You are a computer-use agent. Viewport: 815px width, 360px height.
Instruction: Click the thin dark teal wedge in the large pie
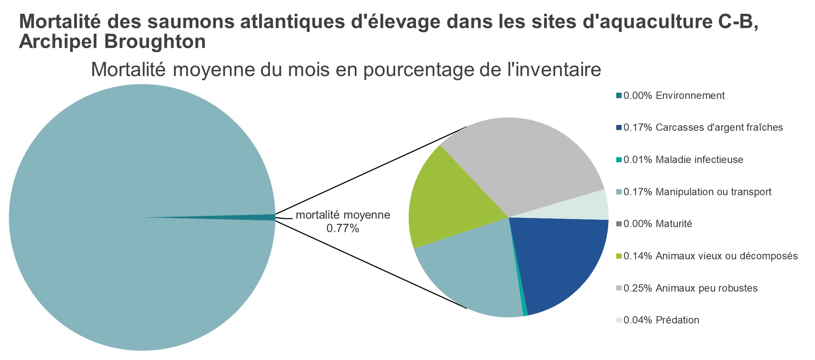pos(253,217)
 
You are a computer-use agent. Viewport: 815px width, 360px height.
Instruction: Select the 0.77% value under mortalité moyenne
pos(343,229)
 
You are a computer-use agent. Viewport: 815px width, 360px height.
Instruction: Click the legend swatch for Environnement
pos(619,96)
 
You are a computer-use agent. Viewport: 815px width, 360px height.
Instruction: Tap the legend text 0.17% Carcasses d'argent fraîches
pos(703,127)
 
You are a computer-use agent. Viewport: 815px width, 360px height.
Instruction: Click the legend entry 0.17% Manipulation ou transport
pos(697,192)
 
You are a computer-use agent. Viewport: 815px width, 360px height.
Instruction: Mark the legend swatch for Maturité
pos(619,224)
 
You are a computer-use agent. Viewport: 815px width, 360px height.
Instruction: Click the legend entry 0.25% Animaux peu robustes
pos(690,288)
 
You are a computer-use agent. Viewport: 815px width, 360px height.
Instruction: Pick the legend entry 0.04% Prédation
pos(661,320)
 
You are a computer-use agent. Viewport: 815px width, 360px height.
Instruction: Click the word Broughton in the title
pos(155,42)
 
